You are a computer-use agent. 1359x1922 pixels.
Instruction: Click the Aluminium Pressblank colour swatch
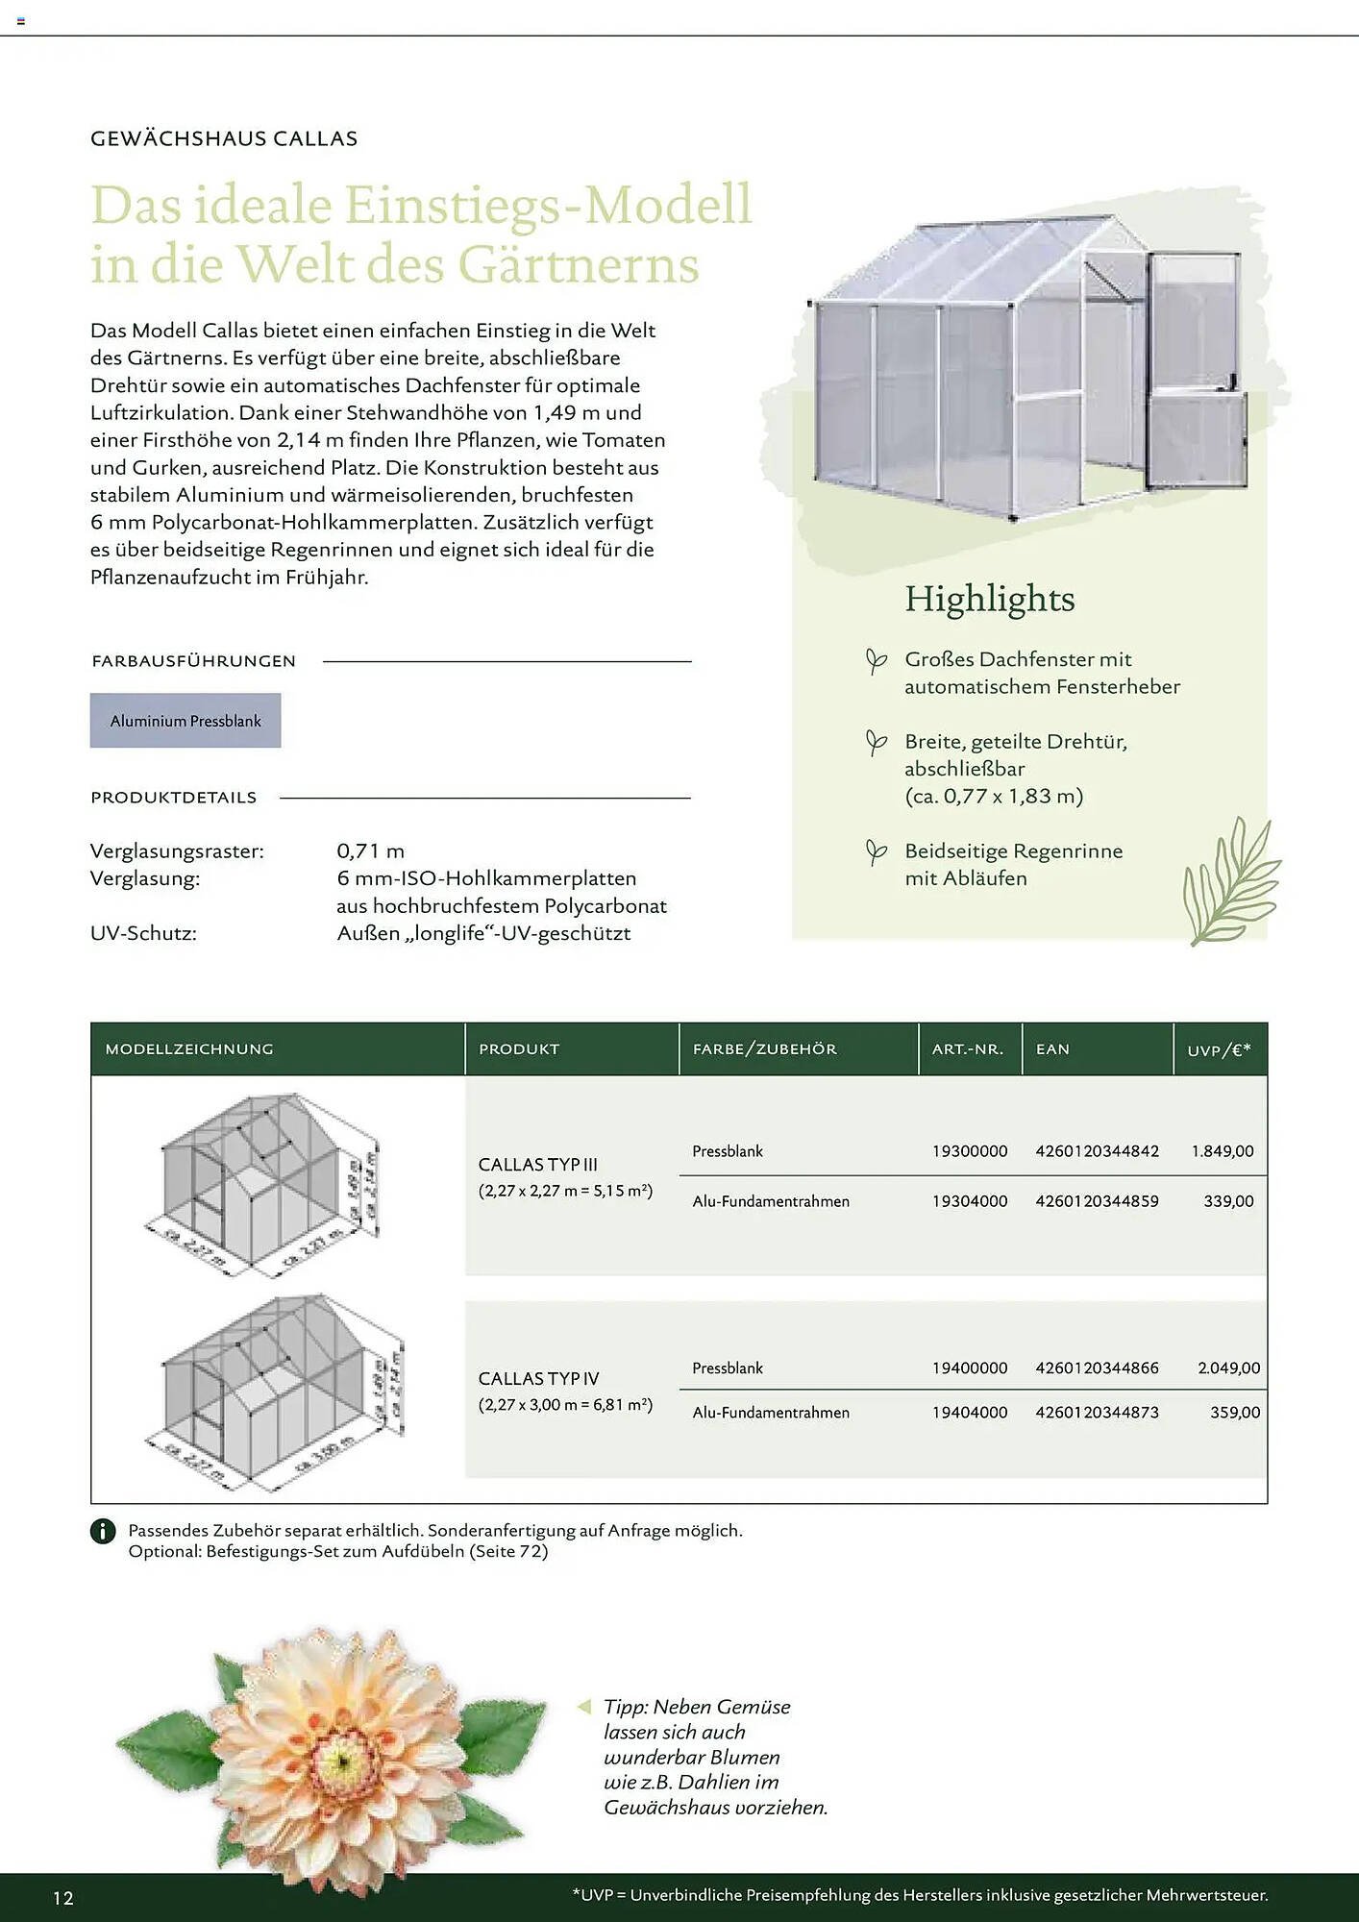pyautogui.click(x=185, y=721)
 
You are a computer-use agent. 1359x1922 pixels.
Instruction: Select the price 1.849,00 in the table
pyautogui.click(x=1222, y=1151)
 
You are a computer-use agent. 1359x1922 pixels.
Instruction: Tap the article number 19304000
pyautogui.click(x=969, y=1201)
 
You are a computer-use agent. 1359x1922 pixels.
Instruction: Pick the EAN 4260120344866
pyautogui.click(x=1097, y=1368)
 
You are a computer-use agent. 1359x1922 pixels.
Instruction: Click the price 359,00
pyautogui.click(x=1234, y=1413)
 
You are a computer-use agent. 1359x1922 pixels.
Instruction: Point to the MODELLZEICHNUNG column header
pyautogui.click(x=189, y=1049)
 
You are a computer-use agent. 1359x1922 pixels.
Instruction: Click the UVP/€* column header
pyautogui.click(x=1219, y=1050)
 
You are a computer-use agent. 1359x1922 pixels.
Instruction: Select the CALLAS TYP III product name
pyautogui.click(x=538, y=1165)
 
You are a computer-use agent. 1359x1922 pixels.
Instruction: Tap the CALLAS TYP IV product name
pyautogui.click(x=538, y=1379)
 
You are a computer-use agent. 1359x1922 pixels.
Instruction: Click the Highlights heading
pyautogui.click(x=989, y=599)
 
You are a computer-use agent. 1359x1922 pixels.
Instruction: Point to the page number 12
pyautogui.click(x=63, y=1898)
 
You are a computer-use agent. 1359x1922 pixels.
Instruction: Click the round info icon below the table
pyautogui.click(x=103, y=1531)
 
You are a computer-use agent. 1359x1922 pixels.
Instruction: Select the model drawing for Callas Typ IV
pyautogui.click(x=279, y=1389)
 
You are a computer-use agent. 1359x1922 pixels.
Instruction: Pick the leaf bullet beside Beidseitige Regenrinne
pyautogui.click(x=876, y=852)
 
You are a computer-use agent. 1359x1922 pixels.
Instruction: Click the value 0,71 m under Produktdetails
pyautogui.click(x=370, y=851)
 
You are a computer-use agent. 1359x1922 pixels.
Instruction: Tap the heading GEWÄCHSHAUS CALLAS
pyautogui.click(x=224, y=138)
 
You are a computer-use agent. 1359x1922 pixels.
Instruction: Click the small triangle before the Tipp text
pyautogui.click(x=583, y=1707)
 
